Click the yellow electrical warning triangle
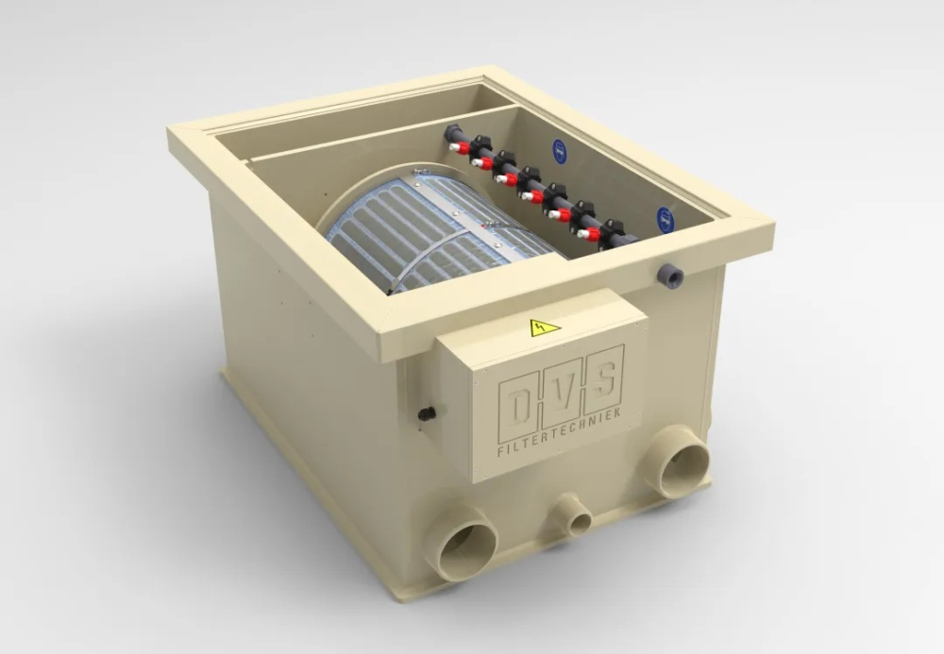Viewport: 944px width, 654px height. [545, 328]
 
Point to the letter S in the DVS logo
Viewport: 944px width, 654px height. [603, 375]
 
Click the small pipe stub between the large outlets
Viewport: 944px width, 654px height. [573, 515]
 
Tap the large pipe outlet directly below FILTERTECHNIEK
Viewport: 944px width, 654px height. [680, 461]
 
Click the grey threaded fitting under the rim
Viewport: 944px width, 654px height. [671, 277]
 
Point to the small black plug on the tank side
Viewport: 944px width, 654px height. [428, 412]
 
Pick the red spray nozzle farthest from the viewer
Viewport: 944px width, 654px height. [459, 148]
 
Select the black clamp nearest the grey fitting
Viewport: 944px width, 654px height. [614, 230]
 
